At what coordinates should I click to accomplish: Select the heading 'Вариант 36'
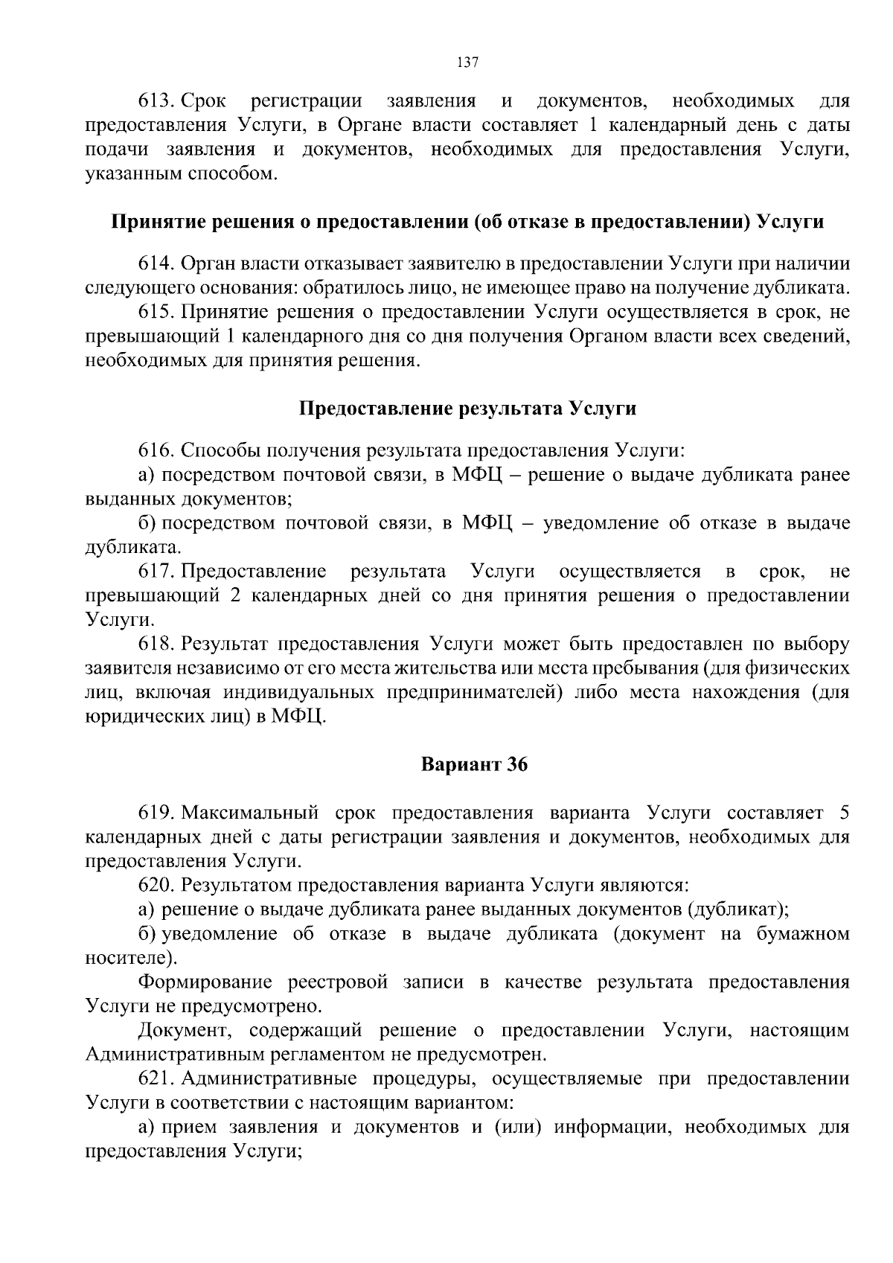pyautogui.click(x=474, y=765)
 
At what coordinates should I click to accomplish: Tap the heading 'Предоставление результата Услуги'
pyautogui.click(x=467, y=409)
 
